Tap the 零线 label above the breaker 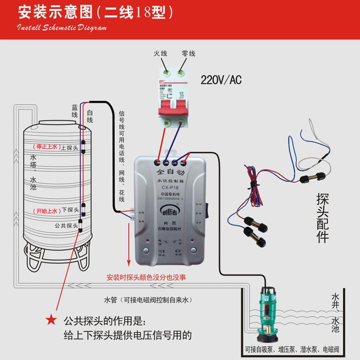pyautogui.click(x=188, y=53)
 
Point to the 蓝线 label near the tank pyautogui.click(x=74, y=112)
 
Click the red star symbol pyautogui.click(x=49, y=319)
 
